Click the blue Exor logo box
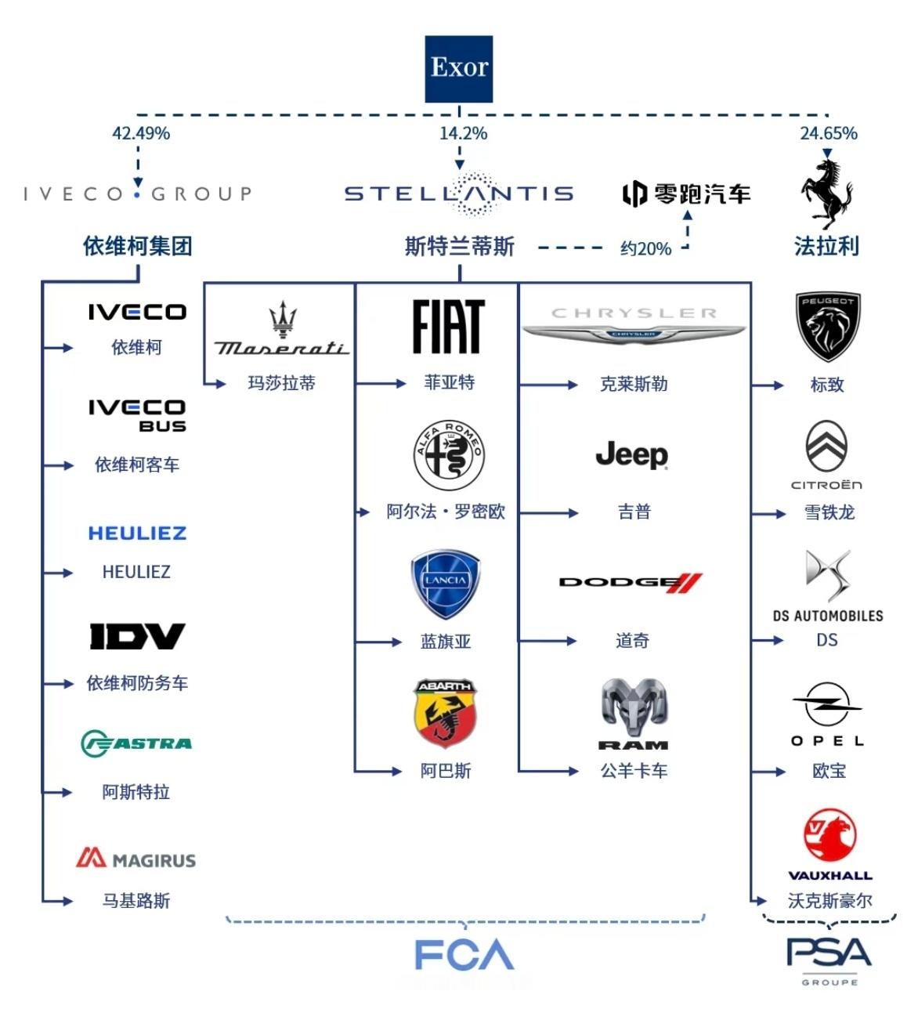point(458,69)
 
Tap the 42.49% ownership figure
point(141,133)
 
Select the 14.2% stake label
point(463,133)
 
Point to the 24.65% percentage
point(828,133)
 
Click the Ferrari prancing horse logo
point(826,193)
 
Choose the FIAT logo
point(449,327)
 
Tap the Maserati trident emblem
point(283,320)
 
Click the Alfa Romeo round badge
point(449,455)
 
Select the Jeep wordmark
point(631,455)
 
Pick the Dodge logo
point(631,582)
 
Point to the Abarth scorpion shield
point(445,714)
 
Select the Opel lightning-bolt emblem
point(827,704)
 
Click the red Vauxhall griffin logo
point(829,837)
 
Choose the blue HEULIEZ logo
point(137,534)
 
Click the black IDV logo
point(137,636)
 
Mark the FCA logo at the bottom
point(464,955)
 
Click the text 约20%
point(645,249)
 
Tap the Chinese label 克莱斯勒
point(633,384)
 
